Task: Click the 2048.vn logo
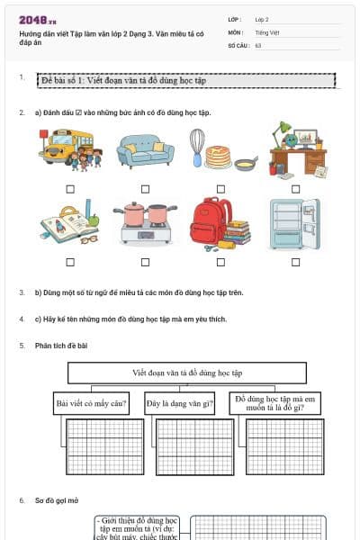(38, 19)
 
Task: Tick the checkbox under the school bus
(70, 189)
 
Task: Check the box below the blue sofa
(145, 189)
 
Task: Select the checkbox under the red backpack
(220, 262)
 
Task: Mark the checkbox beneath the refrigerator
(295, 262)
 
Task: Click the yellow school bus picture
(70, 149)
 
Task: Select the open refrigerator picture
(294, 223)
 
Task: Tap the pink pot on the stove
(135, 214)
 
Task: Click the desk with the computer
(297, 148)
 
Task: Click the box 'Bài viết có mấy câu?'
(91, 403)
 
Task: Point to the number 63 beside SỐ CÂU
(258, 44)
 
